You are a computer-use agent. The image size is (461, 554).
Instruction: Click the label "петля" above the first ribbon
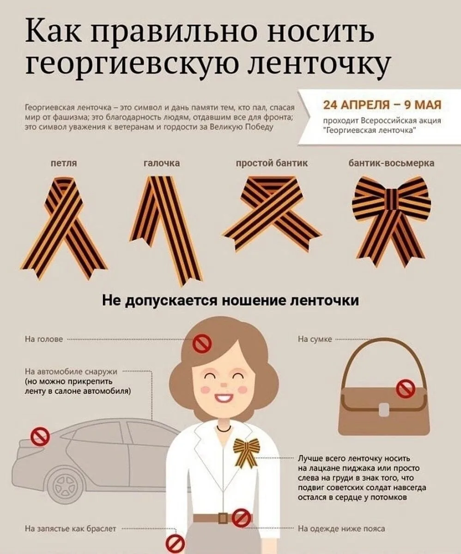coord(64,163)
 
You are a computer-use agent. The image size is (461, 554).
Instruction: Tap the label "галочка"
coord(162,163)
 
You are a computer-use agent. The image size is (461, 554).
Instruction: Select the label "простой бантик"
coord(272,163)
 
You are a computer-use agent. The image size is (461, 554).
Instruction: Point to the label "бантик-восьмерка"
coord(391,163)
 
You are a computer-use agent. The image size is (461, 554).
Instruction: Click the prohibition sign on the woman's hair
coord(202,344)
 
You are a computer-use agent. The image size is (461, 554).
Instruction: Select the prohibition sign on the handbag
coord(406,389)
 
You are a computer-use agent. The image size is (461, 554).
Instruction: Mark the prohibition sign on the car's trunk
coord(40,436)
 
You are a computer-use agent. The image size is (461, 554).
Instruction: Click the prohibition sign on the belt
coord(242,518)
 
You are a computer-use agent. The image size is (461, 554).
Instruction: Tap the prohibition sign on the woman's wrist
coord(175,544)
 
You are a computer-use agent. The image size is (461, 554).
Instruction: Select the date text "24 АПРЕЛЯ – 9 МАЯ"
coord(382,104)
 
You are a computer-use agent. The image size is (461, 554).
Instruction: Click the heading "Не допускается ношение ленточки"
coord(230,301)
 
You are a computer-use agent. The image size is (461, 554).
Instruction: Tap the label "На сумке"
coord(315,339)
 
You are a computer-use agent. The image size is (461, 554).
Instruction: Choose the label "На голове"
coord(44,339)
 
